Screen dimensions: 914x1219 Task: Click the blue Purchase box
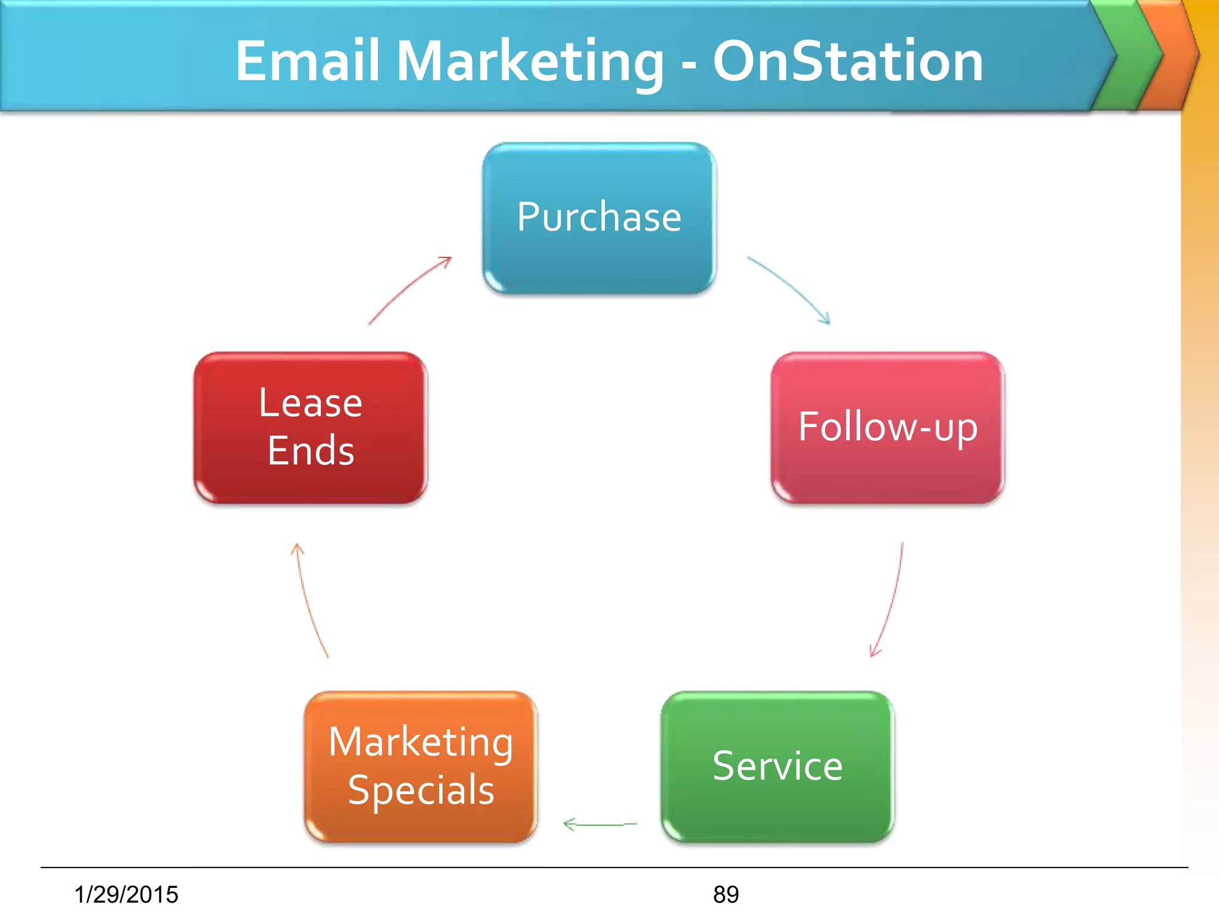point(599,218)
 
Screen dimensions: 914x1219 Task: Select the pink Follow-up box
point(887,427)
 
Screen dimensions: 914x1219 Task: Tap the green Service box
point(777,766)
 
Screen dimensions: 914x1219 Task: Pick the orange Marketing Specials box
point(421,766)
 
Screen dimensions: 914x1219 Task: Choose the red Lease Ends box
point(310,427)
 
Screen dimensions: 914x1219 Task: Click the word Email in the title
point(308,61)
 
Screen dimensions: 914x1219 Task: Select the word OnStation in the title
point(848,61)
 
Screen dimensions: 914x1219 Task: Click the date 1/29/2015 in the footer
point(126,894)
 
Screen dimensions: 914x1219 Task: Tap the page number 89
point(726,894)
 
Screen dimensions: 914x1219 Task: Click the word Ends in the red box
point(311,450)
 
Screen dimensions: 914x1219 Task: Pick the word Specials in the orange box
point(421,790)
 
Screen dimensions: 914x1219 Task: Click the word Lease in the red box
point(310,403)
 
